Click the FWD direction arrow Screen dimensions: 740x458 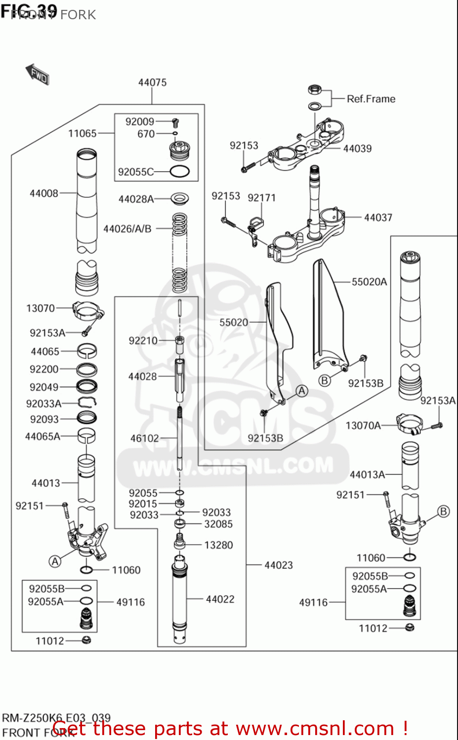click(x=38, y=74)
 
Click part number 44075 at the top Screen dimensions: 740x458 click(x=152, y=82)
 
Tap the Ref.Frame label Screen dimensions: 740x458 click(x=371, y=99)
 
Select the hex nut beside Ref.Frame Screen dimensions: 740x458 click(x=315, y=90)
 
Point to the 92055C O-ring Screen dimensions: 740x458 click(x=179, y=172)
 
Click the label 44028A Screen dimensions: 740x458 click(x=136, y=199)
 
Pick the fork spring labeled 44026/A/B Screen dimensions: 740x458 click(x=179, y=253)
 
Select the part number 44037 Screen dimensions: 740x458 click(x=378, y=218)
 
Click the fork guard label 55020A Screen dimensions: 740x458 click(x=369, y=282)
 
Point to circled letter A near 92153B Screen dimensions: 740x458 click(x=302, y=391)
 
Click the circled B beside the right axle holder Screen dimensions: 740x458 click(x=444, y=512)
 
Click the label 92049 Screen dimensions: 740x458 click(x=44, y=387)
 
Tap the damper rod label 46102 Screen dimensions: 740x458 click(x=144, y=438)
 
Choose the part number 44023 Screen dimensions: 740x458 click(x=278, y=565)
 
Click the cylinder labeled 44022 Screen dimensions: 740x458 click(x=179, y=599)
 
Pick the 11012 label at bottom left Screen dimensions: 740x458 click(x=50, y=641)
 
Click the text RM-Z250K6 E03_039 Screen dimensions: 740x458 click(x=56, y=718)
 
